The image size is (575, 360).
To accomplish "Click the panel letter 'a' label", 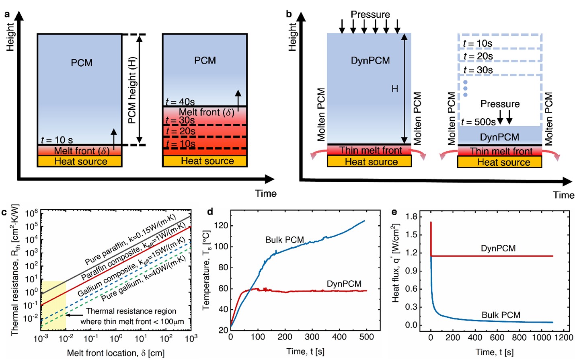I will pyautogui.click(x=6, y=14).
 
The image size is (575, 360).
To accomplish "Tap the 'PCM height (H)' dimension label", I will pyautogui.click(x=132, y=90).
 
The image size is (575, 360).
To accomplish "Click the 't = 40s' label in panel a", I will pyautogui.click(x=180, y=102).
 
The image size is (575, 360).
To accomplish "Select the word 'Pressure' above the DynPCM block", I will pyautogui.click(x=370, y=14).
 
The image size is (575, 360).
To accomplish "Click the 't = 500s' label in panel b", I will pyautogui.click(x=478, y=122).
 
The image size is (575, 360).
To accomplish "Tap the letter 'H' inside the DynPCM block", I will pyautogui.click(x=395, y=89).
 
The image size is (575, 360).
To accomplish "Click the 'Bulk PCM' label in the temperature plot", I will pyautogui.click(x=284, y=240).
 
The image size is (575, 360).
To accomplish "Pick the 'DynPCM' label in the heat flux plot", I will pyautogui.click(x=498, y=248).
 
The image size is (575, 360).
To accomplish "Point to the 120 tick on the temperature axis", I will pyautogui.click(x=221, y=226).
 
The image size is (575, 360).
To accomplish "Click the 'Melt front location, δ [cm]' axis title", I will pyautogui.click(x=115, y=353).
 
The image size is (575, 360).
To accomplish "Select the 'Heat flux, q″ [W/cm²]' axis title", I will pyautogui.click(x=396, y=263).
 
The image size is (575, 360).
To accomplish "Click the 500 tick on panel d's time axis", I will pyautogui.click(x=366, y=337).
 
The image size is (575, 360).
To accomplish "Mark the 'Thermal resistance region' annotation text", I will pyautogui.click(x=131, y=311).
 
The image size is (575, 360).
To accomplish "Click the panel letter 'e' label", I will pyautogui.click(x=394, y=212).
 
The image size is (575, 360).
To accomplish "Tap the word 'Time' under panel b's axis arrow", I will pyautogui.click(x=563, y=195).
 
